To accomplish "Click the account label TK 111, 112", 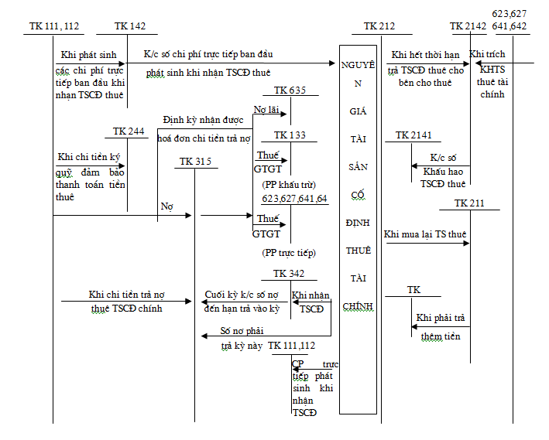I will point(53,26).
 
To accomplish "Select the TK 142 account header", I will point(129,26).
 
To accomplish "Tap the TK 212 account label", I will point(379,26).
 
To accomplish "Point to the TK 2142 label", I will point(468,26).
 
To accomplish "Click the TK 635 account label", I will point(290,90).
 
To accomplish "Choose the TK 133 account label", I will point(290,135).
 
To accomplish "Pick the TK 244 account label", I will point(129,131).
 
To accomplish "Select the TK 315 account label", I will point(194,162).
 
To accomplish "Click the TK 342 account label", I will point(289,274).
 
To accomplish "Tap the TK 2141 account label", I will point(413,135).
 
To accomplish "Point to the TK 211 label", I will point(469,203).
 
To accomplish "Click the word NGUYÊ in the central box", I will point(358,64).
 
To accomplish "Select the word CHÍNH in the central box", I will point(358,306).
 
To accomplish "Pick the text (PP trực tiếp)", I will point(289,253).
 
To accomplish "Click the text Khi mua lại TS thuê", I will point(424,234).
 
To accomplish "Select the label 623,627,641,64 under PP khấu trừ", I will point(294,199).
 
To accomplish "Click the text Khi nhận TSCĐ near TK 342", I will point(307,302).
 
